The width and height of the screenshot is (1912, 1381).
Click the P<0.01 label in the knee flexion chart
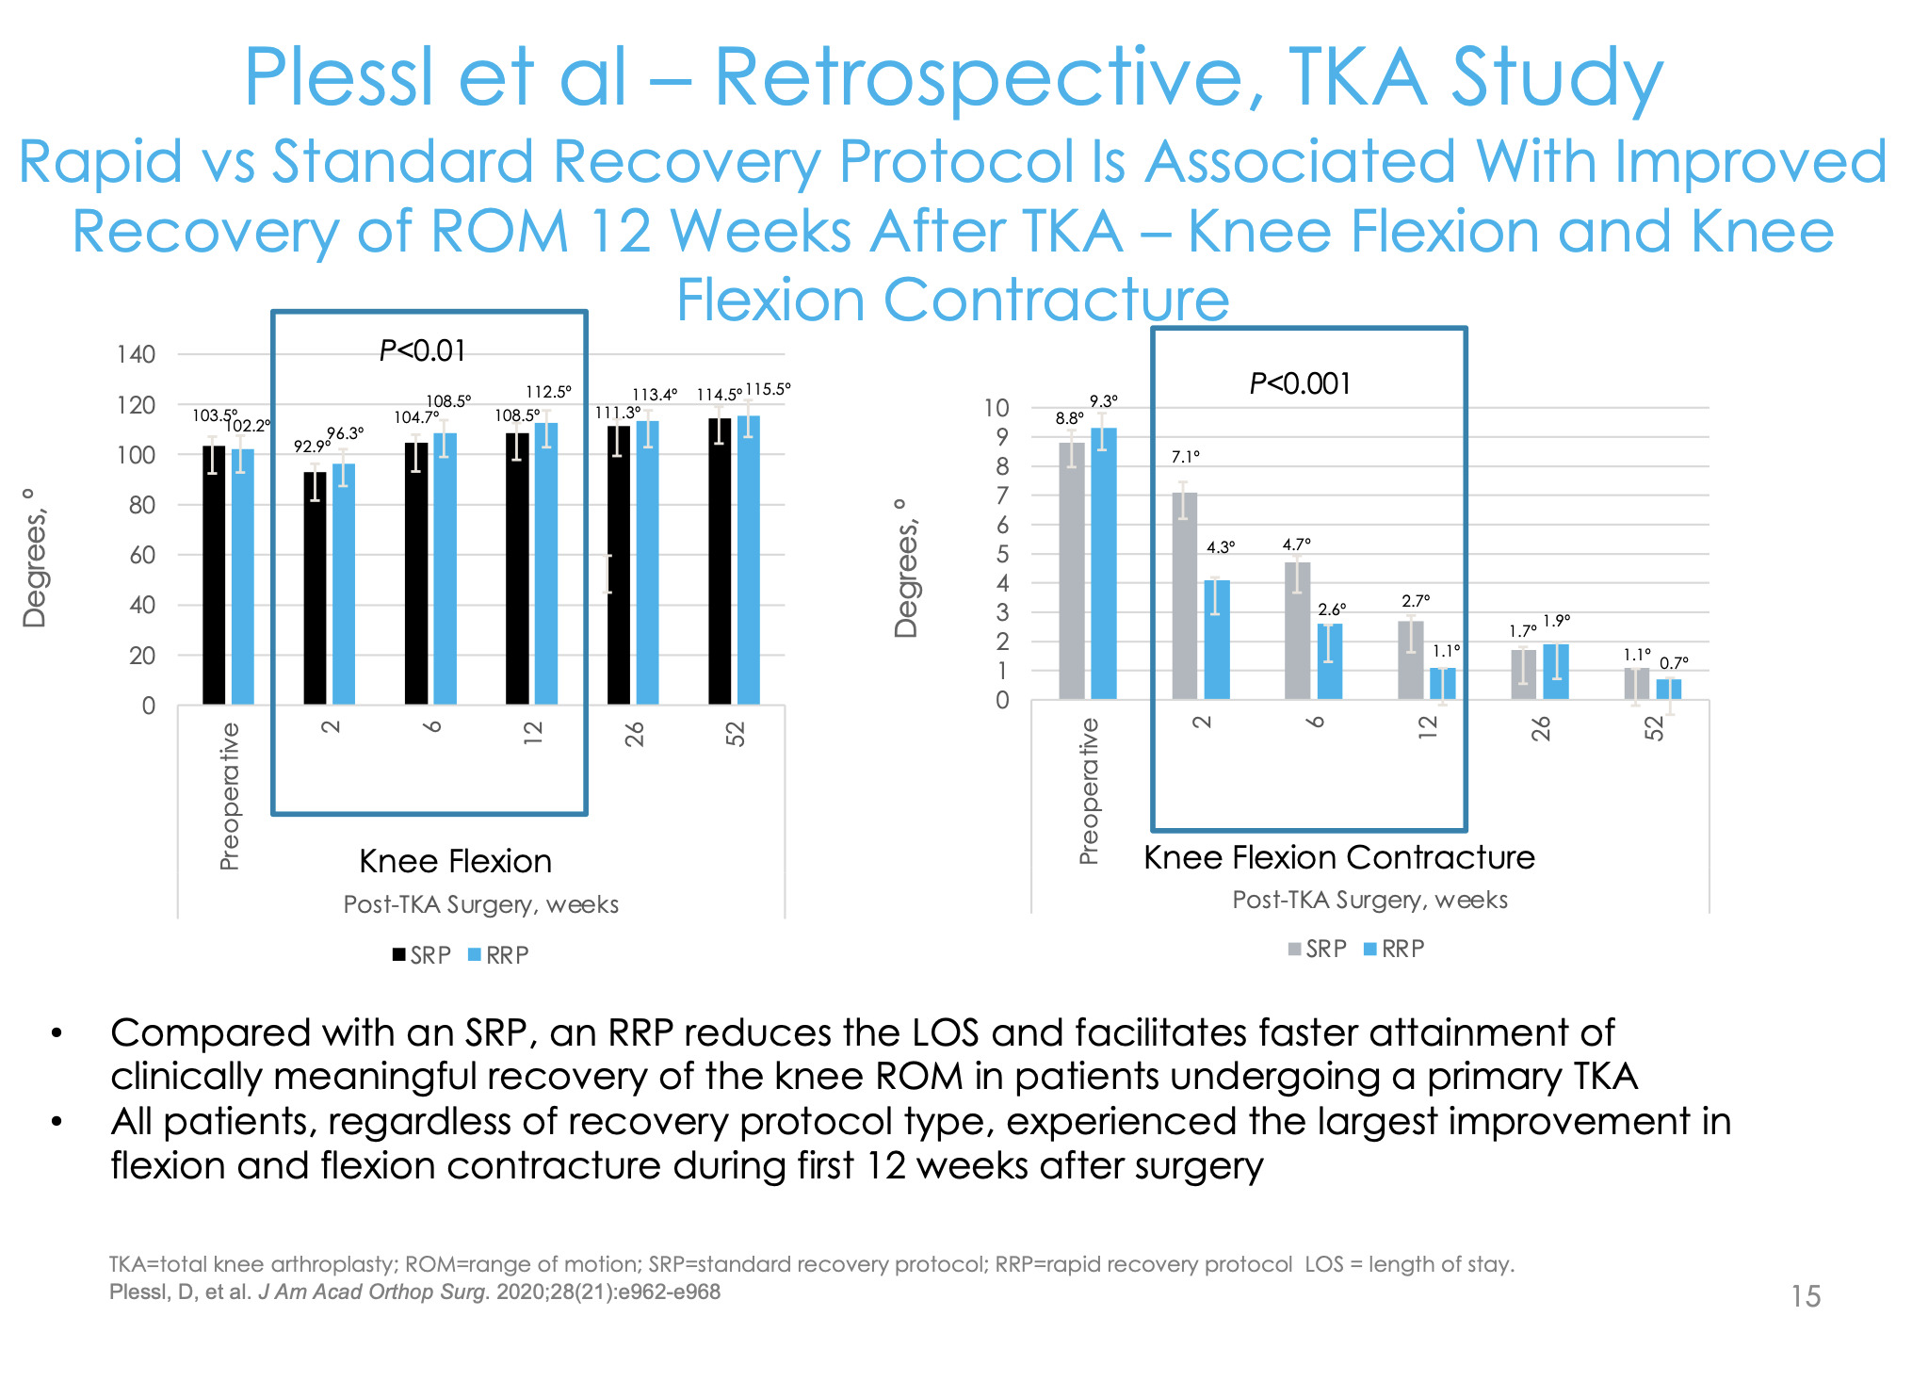pyautogui.click(x=422, y=351)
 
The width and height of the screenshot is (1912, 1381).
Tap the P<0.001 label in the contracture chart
pyautogui.click(x=1300, y=384)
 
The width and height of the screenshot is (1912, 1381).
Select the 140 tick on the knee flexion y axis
pyautogui.click(x=136, y=355)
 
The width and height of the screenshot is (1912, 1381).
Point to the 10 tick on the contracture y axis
pyautogui.click(x=997, y=408)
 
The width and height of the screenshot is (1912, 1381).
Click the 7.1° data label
pyautogui.click(x=1185, y=457)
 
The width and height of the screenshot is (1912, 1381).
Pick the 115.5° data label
pyautogui.click(x=768, y=389)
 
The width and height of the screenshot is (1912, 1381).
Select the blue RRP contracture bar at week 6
pyautogui.click(x=1329, y=661)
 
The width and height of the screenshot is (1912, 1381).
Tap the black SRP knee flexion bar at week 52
pyautogui.click(x=720, y=561)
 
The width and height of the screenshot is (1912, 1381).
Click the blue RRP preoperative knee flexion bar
pyautogui.click(x=243, y=577)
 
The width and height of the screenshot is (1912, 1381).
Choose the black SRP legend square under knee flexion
pyautogui.click(x=399, y=955)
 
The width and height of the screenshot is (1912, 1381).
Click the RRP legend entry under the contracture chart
pyautogui.click(x=1394, y=950)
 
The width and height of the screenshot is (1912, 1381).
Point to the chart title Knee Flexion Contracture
pyautogui.click(x=1338, y=858)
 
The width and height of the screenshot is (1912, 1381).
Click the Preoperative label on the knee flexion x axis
pyautogui.click(x=230, y=797)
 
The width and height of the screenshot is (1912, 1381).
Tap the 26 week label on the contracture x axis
pyautogui.click(x=1541, y=728)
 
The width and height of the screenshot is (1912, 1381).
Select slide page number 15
pyautogui.click(x=1806, y=1297)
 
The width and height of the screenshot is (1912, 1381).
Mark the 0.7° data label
pyautogui.click(x=1674, y=663)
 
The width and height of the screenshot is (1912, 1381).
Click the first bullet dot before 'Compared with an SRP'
pyautogui.click(x=57, y=1034)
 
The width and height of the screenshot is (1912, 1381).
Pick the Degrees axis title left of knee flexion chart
pyautogui.click(x=35, y=558)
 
